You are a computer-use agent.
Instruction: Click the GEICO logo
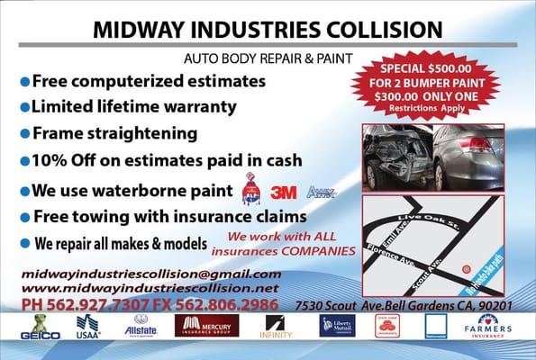[39, 327]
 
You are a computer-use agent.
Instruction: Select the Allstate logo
[141, 326]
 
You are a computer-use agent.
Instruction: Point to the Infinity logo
[274, 327]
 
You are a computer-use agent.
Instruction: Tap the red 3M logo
[284, 192]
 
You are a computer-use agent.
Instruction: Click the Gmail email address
[150, 274]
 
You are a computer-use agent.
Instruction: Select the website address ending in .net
[150, 287]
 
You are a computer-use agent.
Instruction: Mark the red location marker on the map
[466, 269]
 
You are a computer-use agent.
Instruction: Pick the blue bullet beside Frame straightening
[25, 133]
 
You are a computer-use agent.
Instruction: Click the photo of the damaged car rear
[395, 154]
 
